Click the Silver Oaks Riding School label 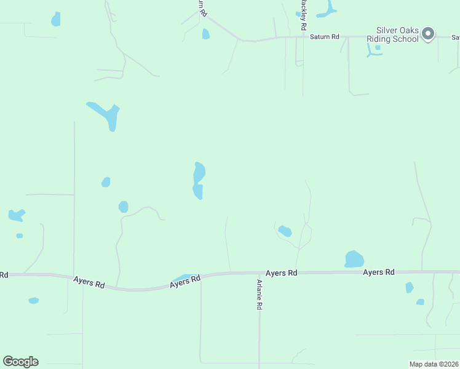(397, 34)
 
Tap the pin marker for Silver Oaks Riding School (429, 34)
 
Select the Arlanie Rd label (260, 295)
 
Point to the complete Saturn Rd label (324, 37)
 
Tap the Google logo (20, 362)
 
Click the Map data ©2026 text (434, 364)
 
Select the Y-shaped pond (105, 114)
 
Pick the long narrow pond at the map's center (198, 180)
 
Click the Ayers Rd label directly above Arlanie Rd (282, 272)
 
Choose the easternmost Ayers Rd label (378, 272)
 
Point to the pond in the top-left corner (56, 19)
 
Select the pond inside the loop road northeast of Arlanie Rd (285, 231)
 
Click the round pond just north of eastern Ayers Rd (354, 259)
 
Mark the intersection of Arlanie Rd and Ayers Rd (259, 272)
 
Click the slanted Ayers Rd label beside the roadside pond (186, 282)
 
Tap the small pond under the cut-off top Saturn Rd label (205, 34)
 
